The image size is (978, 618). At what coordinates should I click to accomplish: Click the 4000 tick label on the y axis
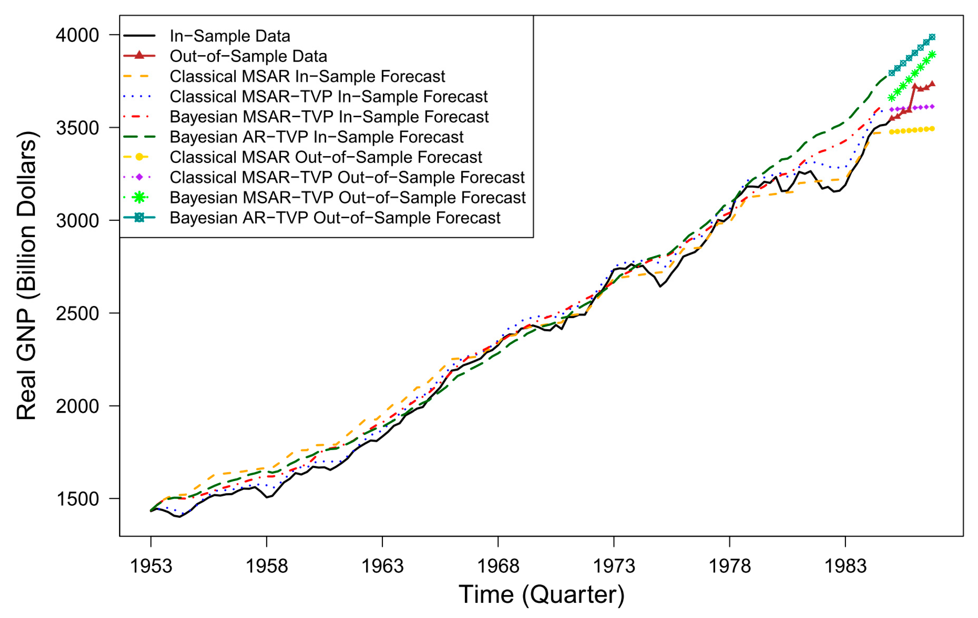[x=77, y=35]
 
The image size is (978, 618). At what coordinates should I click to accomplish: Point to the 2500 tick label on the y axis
[x=77, y=313]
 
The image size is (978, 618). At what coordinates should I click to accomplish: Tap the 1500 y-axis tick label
[x=77, y=499]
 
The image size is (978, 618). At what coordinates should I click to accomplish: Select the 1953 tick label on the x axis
[x=151, y=566]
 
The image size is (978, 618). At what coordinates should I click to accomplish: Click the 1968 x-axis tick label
[x=498, y=566]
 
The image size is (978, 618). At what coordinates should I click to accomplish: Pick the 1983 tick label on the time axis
[x=845, y=566]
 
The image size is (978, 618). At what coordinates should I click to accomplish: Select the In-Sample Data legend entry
[x=230, y=36]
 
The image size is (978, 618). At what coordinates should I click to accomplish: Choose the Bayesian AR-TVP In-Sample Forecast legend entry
[x=316, y=137]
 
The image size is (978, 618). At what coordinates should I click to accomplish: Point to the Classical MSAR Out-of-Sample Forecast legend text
[x=326, y=157]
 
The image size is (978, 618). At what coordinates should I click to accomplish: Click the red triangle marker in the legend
[x=139, y=55]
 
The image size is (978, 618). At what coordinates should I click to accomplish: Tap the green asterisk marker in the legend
[x=139, y=197]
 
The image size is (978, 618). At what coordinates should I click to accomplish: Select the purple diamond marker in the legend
[x=139, y=177]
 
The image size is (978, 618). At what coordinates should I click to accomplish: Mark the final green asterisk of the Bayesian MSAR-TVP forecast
[x=932, y=54]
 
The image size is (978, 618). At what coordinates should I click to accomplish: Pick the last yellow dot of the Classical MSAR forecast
[x=932, y=129]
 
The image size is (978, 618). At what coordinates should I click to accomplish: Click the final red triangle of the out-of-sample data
[x=932, y=84]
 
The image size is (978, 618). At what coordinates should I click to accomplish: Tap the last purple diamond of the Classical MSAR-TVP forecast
[x=932, y=106]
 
